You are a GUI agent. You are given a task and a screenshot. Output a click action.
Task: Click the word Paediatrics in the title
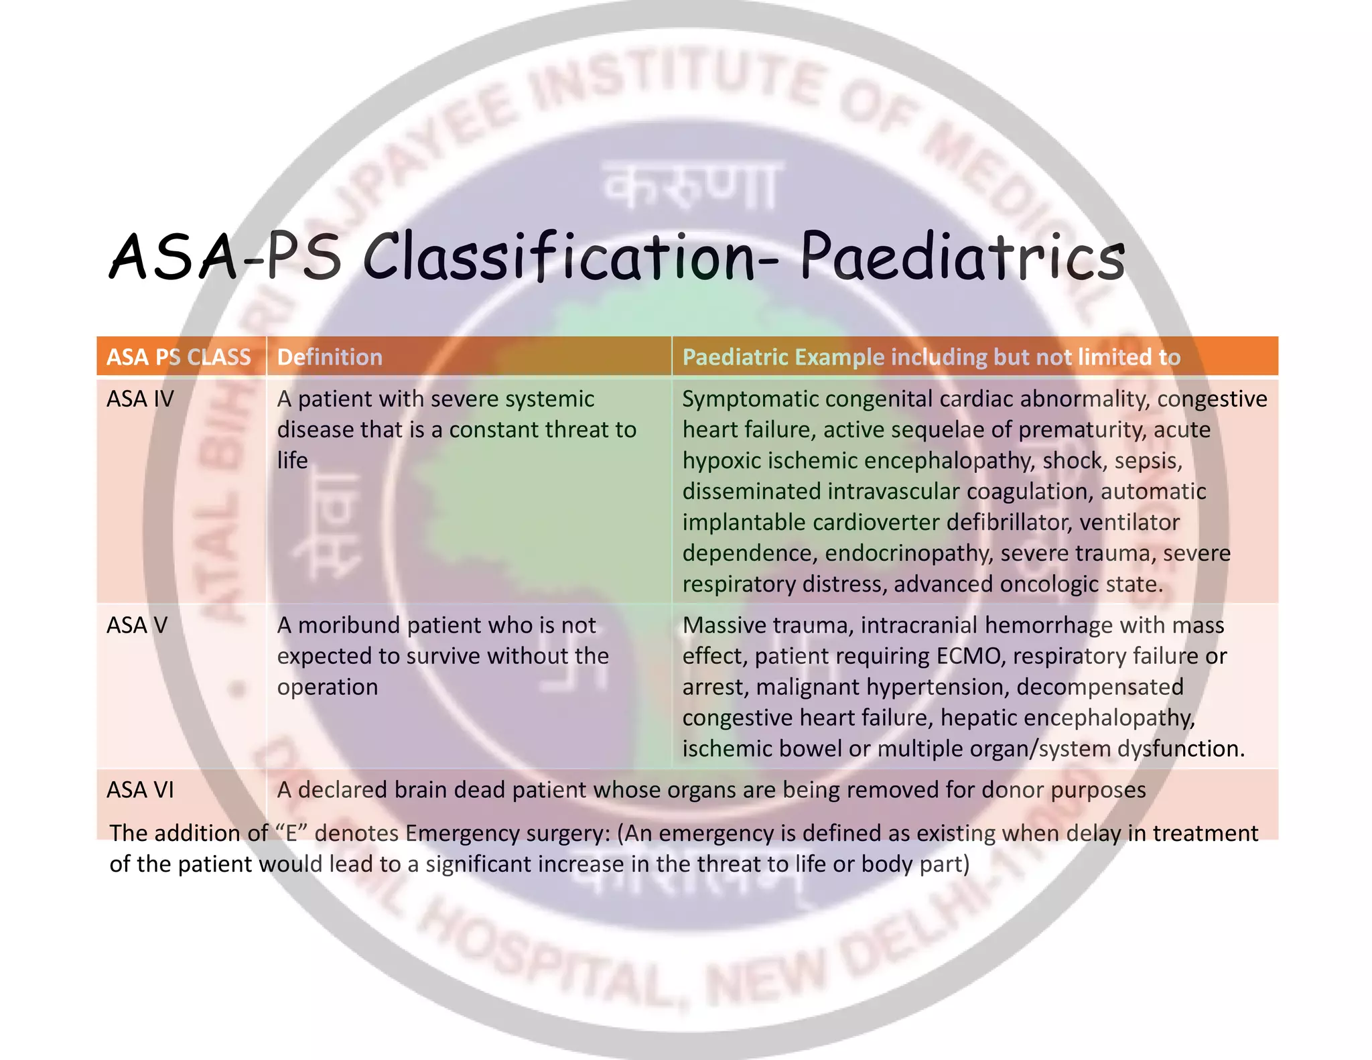click(963, 257)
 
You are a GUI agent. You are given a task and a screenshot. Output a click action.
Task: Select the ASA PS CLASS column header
click(179, 357)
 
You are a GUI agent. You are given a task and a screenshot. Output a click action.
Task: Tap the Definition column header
click(330, 357)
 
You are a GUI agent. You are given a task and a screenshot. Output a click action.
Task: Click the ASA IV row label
click(140, 399)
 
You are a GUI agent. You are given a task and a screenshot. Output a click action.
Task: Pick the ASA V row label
click(137, 625)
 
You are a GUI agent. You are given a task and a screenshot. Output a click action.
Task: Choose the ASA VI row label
click(140, 790)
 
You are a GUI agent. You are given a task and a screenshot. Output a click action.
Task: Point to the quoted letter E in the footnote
click(291, 833)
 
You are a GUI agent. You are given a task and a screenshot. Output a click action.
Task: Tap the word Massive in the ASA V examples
click(724, 625)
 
